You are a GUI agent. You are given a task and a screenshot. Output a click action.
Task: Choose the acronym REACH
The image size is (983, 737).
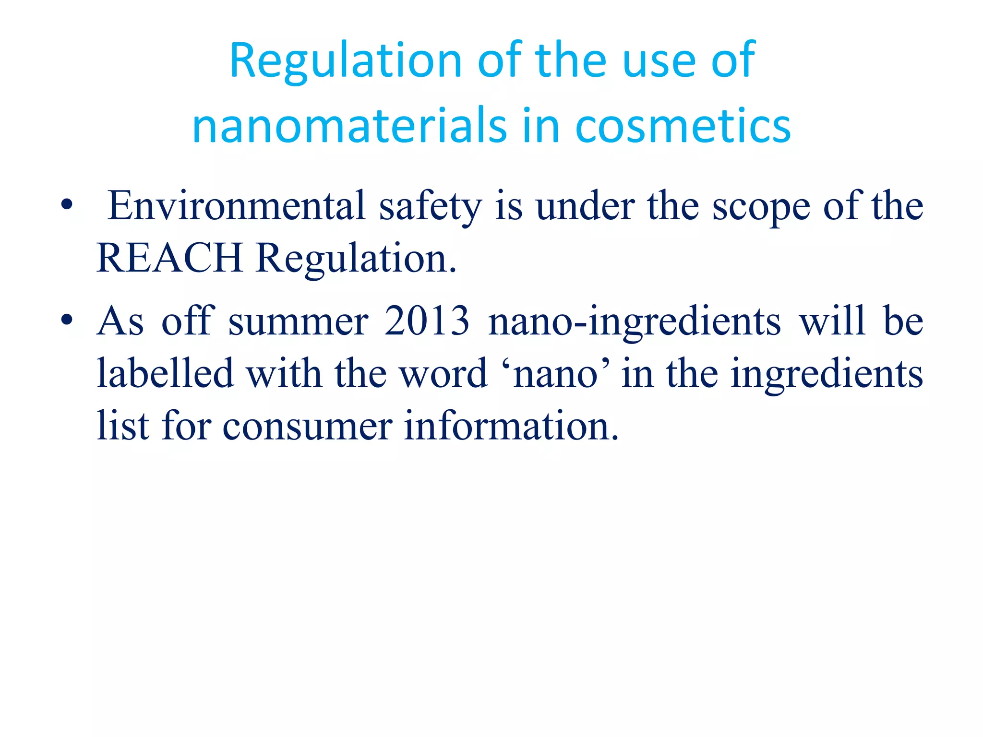[x=169, y=258]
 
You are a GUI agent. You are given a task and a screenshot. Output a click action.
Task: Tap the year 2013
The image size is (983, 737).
[x=427, y=321]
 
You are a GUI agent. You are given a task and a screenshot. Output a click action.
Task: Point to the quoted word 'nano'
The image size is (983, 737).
[x=555, y=374]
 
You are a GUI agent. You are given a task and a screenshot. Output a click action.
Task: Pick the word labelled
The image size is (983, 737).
[x=165, y=373]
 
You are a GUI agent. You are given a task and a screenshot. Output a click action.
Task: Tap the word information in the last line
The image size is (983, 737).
[x=512, y=426]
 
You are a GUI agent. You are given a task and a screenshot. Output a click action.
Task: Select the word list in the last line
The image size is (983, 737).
[x=123, y=426]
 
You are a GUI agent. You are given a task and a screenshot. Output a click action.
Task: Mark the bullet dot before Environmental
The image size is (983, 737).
[x=67, y=206]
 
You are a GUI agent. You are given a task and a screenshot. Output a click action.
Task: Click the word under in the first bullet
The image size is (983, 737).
[x=585, y=206]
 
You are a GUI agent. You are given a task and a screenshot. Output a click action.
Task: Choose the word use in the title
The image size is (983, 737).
[x=659, y=61]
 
